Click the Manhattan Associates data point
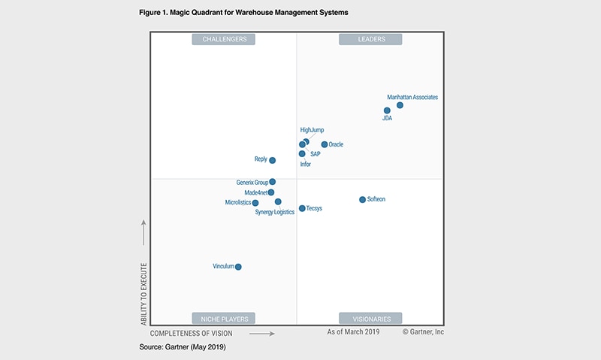pyautogui.click(x=400, y=105)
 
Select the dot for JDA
pyautogui.click(x=387, y=110)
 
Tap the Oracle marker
pyautogui.click(x=325, y=144)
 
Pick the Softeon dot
pyautogui.click(x=362, y=199)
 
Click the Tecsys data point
pyautogui.click(x=302, y=208)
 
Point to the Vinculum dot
pyautogui.click(x=238, y=267)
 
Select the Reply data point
pyautogui.click(x=272, y=160)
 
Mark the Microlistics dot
pyautogui.click(x=255, y=203)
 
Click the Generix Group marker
pyautogui.click(x=272, y=182)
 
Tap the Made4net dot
pyautogui.click(x=271, y=192)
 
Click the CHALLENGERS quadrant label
pyautogui.click(x=224, y=39)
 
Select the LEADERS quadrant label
pyautogui.click(x=370, y=39)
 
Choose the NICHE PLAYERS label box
pyautogui.click(x=224, y=318)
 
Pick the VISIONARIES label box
pyautogui.click(x=370, y=318)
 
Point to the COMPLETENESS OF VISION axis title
pyautogui.click(x=192, y=332)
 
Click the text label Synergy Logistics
pyautogui.click(x=275, y=213)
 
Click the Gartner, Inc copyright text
pyautogui.click(x=424, y=331)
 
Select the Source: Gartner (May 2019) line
pyautogui.click(x=183, y=347)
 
